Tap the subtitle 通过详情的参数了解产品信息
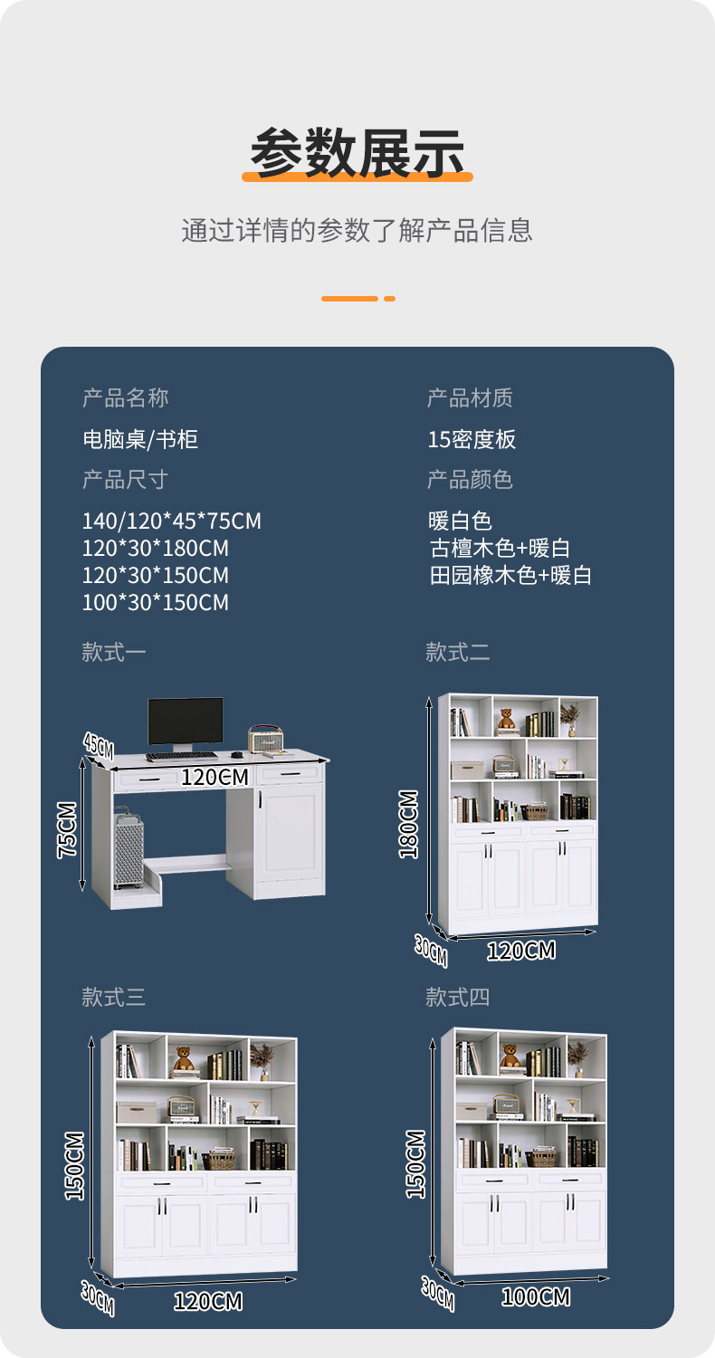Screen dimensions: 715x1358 click(357, 230)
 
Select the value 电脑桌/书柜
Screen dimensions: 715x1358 click(140, 440)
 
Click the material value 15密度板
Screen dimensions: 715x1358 click(472, 440)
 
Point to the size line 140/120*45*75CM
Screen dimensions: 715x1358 click(171, 521)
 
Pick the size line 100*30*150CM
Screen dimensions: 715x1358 click(155, 603)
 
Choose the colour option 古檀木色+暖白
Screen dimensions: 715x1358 click(500, 549)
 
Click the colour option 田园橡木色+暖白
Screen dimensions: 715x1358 click(510, 576)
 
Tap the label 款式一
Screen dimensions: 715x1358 click(113, 652)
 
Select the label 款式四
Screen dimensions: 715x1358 click(457, 998)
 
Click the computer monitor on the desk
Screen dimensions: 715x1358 click(186, 722)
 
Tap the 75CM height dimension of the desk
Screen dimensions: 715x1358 click(68, 829)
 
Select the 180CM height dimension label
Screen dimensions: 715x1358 click(409, 824)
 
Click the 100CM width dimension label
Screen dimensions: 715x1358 click(536, 1297)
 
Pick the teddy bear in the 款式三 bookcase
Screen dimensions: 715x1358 click(184, 1057)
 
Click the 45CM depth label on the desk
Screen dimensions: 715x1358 click(99, 745)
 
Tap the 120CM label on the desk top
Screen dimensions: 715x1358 click(214, 778)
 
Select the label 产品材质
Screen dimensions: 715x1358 click(470, 398)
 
